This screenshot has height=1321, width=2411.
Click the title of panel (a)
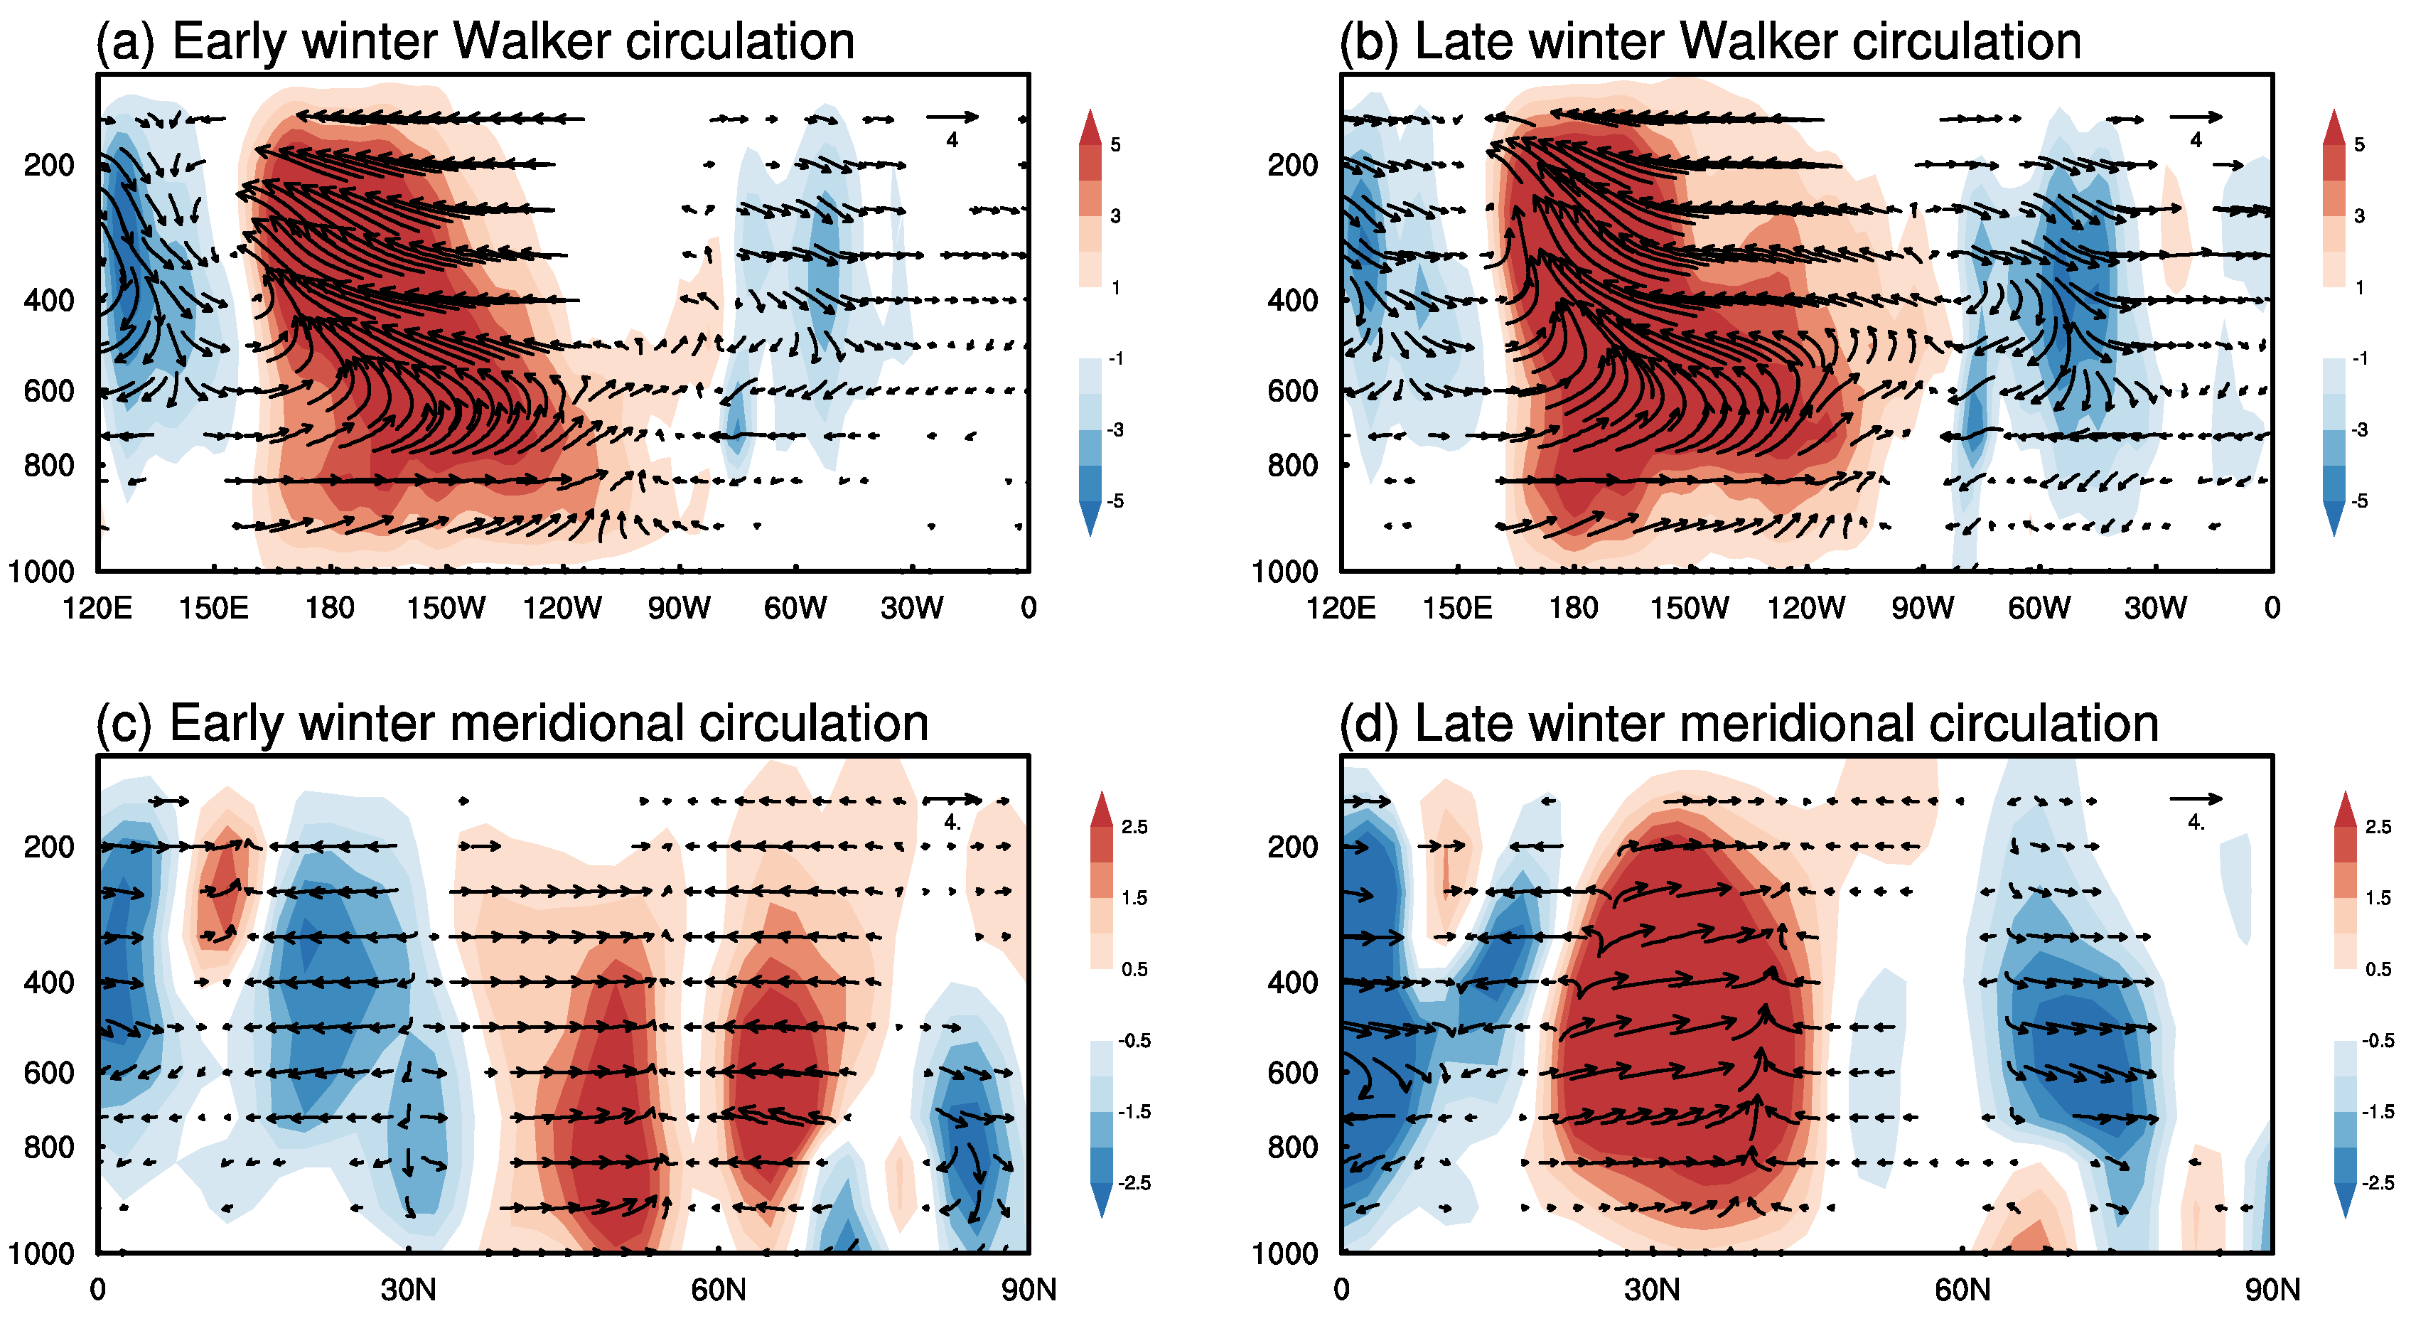476,41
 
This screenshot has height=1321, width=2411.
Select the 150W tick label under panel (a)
446,609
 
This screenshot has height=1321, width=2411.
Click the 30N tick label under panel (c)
408,1290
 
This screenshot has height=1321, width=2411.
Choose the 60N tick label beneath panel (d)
1962,1290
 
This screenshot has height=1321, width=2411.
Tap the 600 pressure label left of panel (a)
48,391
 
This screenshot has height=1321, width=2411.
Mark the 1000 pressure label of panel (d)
1284,1253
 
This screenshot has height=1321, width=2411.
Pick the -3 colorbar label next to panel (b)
2360,429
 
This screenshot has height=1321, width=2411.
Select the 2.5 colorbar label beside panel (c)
1134,827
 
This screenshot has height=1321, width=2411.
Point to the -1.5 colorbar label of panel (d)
2378,1111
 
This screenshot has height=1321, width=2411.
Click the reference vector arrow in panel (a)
952,117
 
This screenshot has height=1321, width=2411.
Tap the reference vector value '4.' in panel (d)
2196,823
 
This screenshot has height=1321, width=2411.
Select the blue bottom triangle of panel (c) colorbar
1102,1200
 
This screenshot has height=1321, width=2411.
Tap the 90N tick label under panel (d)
2272,1290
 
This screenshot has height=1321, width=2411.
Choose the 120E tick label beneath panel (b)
1341,609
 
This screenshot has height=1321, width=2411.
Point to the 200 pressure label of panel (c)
48,846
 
